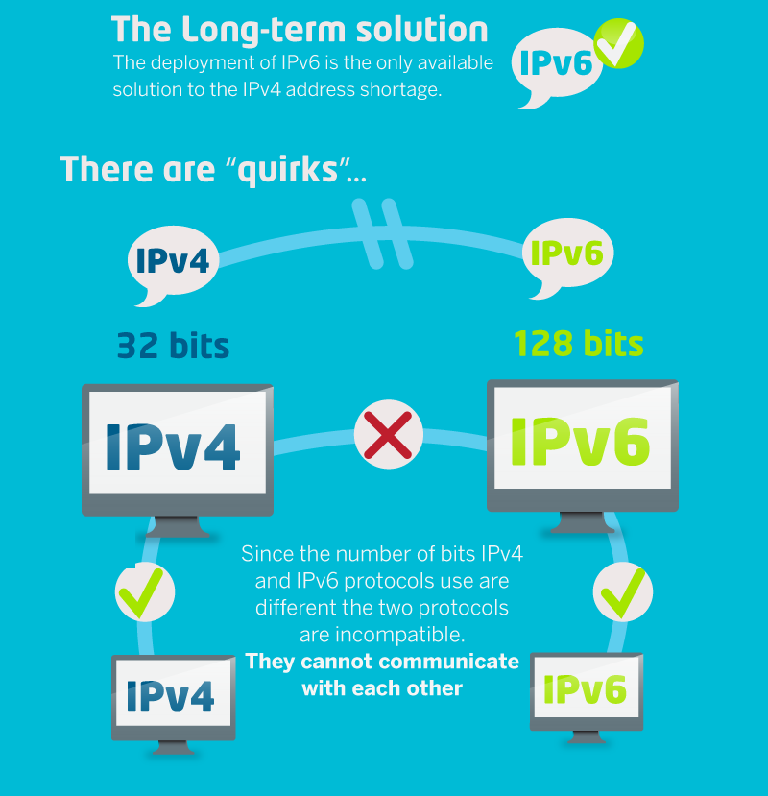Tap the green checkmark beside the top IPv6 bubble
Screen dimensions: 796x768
619,42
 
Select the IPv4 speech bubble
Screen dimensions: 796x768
173,259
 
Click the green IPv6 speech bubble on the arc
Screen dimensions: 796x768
566,253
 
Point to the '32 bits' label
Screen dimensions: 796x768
173,345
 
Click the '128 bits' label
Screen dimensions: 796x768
578,344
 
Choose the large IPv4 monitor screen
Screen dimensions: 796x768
178,447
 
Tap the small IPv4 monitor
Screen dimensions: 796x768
174,696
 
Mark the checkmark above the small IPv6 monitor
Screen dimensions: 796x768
623,591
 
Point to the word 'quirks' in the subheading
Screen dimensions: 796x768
287,170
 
